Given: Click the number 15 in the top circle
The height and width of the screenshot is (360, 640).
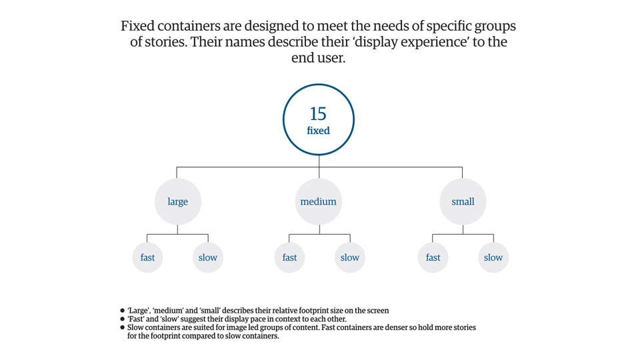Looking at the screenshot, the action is coord(318,114).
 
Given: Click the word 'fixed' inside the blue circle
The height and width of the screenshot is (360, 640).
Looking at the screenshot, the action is coord(318,131).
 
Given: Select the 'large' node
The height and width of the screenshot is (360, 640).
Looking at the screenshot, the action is coord(177,201).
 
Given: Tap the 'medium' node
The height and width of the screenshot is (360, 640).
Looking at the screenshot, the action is coord(318,201).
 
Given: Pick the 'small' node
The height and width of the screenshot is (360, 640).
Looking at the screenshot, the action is coord(463,201).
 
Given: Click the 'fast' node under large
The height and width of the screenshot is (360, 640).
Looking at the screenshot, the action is coord(147,257).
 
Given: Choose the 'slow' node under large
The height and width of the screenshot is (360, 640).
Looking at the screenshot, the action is coord(208,257).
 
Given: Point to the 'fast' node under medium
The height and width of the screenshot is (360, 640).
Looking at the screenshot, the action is coord(289,257).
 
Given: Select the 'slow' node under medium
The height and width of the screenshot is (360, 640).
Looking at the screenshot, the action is coord(350,257).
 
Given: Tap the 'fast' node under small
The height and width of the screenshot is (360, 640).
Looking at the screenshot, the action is coord(433,257).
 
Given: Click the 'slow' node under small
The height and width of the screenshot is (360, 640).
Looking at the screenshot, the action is coord(493,257).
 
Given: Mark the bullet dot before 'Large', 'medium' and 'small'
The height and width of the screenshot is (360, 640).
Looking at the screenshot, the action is coord(122,311).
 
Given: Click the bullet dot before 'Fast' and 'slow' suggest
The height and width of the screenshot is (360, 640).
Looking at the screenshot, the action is coord(122,319).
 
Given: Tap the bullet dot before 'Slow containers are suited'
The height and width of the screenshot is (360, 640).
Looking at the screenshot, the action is coord(122,328).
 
